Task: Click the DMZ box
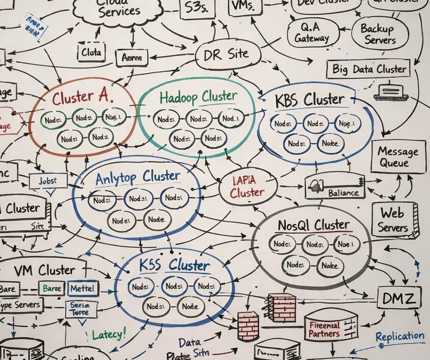coord(398,297)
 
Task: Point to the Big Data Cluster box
coord(369,69)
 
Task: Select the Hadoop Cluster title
coord(198,96)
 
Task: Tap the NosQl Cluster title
coord(313,225)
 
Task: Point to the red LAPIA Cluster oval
coord(248,187)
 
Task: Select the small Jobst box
coord(48,180)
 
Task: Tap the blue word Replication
coord(400,336)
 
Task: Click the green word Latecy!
coord(108,335)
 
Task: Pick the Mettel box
coord(84,289)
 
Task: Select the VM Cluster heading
coord(44,270)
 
